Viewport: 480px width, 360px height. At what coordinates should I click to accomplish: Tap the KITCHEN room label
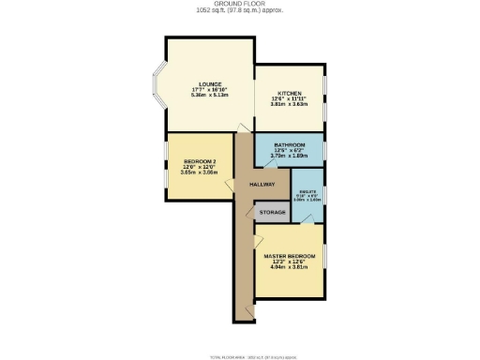289,93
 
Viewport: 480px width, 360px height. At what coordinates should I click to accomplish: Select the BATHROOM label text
290,145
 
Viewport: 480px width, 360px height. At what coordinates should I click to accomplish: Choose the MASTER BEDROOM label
289,256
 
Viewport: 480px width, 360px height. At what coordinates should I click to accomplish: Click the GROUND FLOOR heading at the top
240,5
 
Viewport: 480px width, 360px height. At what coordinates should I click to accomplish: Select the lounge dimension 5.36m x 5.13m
209,94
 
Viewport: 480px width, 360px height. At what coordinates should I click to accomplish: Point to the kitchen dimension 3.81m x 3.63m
289,104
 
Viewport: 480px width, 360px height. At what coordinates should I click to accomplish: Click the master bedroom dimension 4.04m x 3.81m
289,268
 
